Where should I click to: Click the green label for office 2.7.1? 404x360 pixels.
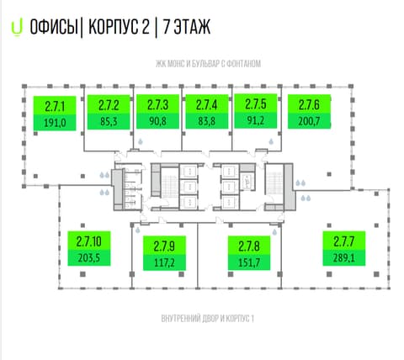pyautogui.click(x=55, y=114)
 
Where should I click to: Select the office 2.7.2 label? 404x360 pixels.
pyautogui.click(x=109, y=112)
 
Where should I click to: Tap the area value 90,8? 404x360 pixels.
pyautogui.click(x=157, y=121)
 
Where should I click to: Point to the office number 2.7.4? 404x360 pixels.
pyautogui.click(x=207, y=105)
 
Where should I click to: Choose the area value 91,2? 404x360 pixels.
pyautogui.click(x=256, y=120)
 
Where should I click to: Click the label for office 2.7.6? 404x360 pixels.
pyautogui.click(x=309, y=112)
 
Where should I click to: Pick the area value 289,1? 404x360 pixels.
pyautogui.click(x=344, y=257)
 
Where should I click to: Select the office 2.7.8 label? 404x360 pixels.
pyautogui.click(x=249, y=253)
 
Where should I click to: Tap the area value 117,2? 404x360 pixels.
pyautogui.click(x=164, y=262)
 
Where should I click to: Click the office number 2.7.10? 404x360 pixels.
pyautogui.click(x=89, y=241)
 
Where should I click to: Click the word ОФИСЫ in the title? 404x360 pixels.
pyautogui.click(x=54, y=27)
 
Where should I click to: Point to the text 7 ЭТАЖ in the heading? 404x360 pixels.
pyautogui.click(x=187, y=27)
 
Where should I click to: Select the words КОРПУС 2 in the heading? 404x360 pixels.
pyautogui.click(x=120, y=27)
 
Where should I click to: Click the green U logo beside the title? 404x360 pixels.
pyautogui.click(x=17, y=29)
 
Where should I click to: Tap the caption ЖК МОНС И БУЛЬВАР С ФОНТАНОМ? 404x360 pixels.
pyautogui.click(x=208, y=64)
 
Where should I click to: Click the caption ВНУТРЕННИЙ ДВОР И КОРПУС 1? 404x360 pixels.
pyautogui.click(x=208, y=319)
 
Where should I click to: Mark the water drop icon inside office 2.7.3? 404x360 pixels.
pyautogui.click(x=141, y=141)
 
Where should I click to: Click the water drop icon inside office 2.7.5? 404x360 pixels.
pyautogui.click(x=271, y=141)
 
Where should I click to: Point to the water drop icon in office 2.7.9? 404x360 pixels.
pyautogui.click(x=138, y=230)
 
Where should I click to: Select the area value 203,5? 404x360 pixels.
pyautogui.click(x=89, y=257)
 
